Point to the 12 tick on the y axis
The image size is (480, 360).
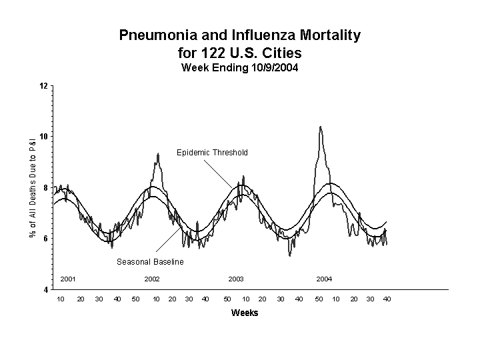pyautogui.click(x=44, y=86)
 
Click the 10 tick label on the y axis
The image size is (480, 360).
pyautogui.click(x=44, y=137)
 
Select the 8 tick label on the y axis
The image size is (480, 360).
pyautogui.click(x=45, y=188)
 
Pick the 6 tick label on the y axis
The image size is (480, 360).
pyautogui.click(x=45, y=239)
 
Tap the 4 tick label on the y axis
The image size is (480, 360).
pyautogui.click(x=45, y=290)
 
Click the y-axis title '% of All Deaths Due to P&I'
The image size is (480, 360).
pyautogui.click(x=32, y=187)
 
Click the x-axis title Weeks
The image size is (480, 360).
pyautogui.click(x=244, y=313)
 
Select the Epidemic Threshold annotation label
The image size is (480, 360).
pyautogui.click(x=212, y=153)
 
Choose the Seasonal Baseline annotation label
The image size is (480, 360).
pyautogui.click(x=150, y=262)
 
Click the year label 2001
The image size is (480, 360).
pyautogui.click(x=68, y=279)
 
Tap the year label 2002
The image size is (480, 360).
pyautogui.click(x=152, y=279)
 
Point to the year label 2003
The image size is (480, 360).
pyautogui.click(x=236, y=279)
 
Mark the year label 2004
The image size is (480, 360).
pyautogui.click(x=324, y=279)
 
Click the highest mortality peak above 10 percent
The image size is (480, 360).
pyautogui.click(x=321, y=127)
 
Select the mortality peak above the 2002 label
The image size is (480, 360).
pyautogui.click(x=158, y=154)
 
